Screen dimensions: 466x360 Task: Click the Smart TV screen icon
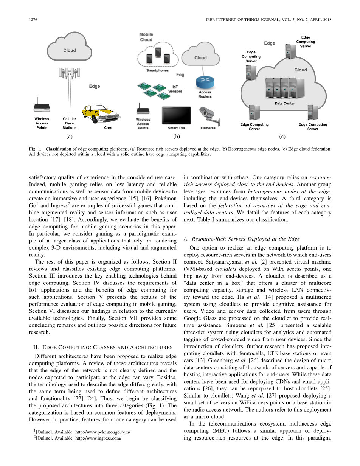[176, 115]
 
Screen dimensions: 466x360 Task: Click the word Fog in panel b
[180, 75]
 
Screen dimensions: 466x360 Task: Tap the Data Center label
[285, 103]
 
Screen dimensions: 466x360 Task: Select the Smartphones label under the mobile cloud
[157, 70]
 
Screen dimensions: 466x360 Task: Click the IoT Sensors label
[175, 89]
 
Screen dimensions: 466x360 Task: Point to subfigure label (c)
[282, 137]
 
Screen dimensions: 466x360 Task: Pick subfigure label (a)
[69, 137]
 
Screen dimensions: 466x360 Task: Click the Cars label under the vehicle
[108, 128]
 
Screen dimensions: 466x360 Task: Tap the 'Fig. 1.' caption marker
[35, 149]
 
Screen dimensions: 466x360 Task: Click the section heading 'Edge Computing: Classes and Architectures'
[103, 347]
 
